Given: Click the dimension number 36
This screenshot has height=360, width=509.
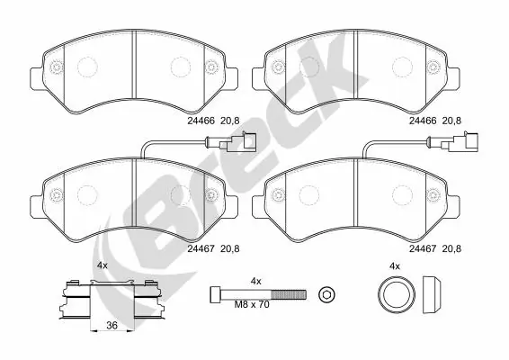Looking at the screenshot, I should [110, 325].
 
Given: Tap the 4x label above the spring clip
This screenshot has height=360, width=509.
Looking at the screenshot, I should [103, 266].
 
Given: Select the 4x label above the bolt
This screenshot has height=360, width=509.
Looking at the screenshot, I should [255, 282].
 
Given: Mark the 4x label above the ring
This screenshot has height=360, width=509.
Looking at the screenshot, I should [394, 266].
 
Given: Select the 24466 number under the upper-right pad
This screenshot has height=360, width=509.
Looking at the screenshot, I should [423, 120].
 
